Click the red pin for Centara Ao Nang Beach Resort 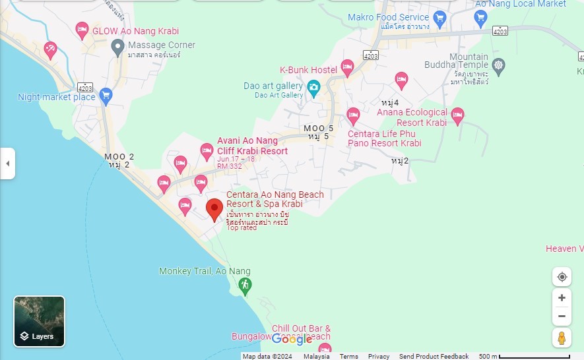(x=214, y=210)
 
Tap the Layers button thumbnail (x=40, y=321)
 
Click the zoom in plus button (x=562, y=298)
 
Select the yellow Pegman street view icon (x=562, y=338)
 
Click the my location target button (x=562, y=277)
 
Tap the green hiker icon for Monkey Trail (x=245, y=285)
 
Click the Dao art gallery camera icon (x=313, y=87)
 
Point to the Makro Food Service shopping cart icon (x=440, y=18)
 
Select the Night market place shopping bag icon (x=106, y=96)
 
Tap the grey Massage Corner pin (x=117, y=46)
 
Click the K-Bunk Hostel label (x=308, y=70)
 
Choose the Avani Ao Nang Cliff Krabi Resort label (x=252, y=146)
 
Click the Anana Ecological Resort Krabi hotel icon (x=457, y=115)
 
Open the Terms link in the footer (x=348, y=357)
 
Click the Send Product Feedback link (x=434, y=357)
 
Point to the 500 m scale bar (x=534, y=357)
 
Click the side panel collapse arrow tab (x=7, y=163)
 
